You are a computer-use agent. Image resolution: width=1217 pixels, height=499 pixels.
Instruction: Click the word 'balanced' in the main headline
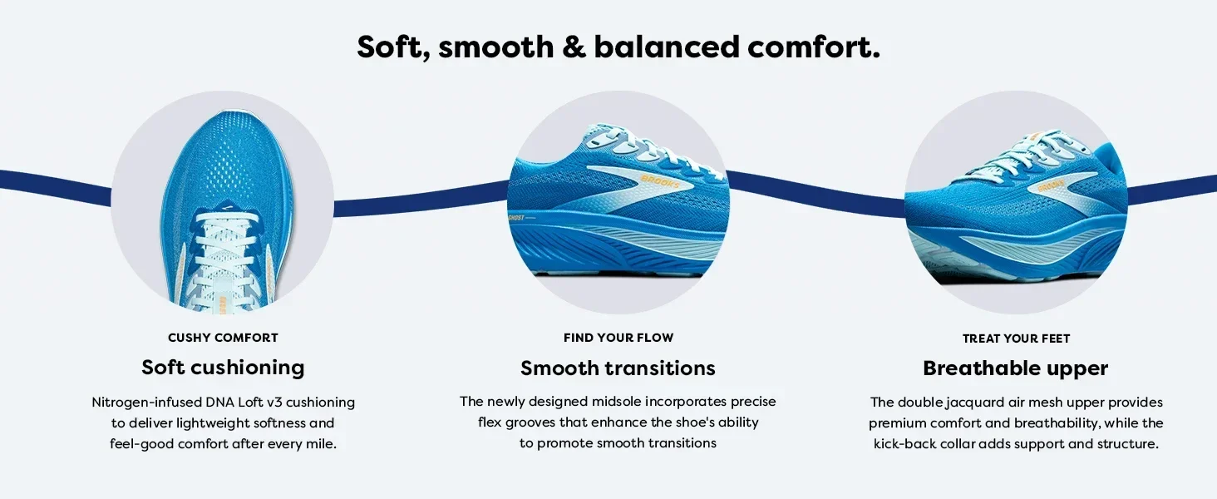[x=667, y=47]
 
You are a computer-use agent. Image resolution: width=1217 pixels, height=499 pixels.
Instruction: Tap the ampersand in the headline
[x=574, y=47]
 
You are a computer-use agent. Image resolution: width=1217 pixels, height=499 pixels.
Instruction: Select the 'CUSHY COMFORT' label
[x=223, y=338]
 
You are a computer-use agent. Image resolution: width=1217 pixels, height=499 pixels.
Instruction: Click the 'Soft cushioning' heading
[x=223, y=368]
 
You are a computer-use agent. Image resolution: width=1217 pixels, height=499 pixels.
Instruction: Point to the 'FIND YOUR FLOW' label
[x=618, y=338]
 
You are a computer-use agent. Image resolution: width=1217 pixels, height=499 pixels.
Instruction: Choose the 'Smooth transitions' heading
[x=618, y=368]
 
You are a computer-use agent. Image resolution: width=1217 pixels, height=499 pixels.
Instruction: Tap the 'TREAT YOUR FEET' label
[x=1016, y=338]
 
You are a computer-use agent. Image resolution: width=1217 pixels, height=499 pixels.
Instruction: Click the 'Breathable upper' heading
[x=1016, y=368]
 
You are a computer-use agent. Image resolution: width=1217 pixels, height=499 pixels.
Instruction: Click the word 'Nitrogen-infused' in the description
[x=146, y=403]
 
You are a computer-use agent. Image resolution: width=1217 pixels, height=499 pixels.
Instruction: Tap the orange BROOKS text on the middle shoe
[x=660, y=181]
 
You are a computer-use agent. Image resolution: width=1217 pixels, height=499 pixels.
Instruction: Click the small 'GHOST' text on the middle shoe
[x=516, y=218]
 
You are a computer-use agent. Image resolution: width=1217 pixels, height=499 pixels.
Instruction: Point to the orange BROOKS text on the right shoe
[x=1050, y=186]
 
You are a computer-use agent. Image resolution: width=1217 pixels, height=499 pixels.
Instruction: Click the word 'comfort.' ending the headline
[x=814, y=47]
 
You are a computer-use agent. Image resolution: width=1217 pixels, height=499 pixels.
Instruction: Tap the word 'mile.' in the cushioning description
[x=321, y=444]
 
